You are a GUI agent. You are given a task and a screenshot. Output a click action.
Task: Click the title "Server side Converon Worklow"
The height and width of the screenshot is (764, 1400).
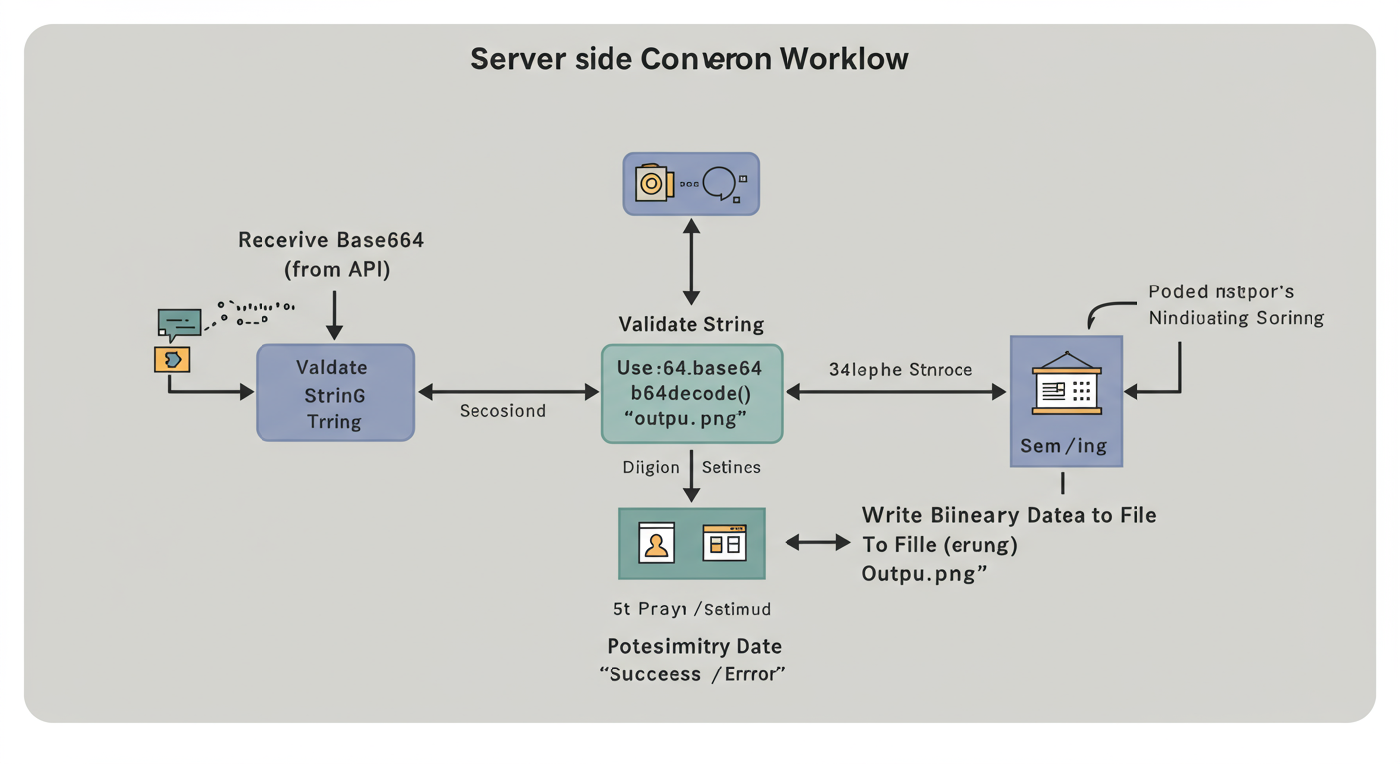point(689,59)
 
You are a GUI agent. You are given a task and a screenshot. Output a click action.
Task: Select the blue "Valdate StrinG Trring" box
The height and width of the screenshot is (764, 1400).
point(335,393)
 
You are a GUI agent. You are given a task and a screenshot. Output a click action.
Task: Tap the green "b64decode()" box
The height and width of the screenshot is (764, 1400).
point(691,393)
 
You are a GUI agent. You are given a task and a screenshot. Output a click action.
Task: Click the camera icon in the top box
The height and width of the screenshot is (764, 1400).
point(653,183)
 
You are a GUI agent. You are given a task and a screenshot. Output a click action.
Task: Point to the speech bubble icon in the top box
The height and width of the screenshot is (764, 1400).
point(719,183)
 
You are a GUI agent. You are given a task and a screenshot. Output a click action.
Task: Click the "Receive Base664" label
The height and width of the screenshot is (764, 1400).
point(331,240)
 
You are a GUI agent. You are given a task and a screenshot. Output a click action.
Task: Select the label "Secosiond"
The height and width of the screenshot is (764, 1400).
point(502,411)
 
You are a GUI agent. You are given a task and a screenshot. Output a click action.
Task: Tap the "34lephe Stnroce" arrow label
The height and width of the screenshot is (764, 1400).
point(900,370)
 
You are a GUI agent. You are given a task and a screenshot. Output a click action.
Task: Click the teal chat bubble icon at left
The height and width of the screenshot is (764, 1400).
point(179,323)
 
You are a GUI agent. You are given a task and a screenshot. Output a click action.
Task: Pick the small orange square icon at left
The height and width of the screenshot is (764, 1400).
point(172,359)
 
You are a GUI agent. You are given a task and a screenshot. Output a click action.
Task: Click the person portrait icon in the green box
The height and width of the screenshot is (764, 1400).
point(657,544)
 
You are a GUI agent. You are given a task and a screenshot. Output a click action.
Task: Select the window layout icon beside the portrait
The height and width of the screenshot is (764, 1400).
point(724,543)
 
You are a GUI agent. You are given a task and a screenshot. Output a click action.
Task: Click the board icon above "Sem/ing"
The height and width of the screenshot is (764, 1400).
point(1066,384)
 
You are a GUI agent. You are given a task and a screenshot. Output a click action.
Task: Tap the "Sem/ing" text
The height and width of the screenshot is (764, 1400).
point(1063,445)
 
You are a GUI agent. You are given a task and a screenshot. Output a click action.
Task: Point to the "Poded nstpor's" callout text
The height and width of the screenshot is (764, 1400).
point(1221,292)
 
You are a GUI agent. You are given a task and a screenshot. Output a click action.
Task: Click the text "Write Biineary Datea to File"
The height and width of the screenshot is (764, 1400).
point(1008,515)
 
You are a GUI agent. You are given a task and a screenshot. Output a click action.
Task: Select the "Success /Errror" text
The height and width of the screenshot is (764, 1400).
point(692,673)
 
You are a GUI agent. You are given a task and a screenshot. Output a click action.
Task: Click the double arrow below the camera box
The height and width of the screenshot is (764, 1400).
point(691,262)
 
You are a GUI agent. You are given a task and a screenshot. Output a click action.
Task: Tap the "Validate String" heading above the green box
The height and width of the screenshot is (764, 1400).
point(691,324)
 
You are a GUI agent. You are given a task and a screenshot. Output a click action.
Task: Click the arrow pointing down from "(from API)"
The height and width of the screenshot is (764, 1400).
point(335,315)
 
